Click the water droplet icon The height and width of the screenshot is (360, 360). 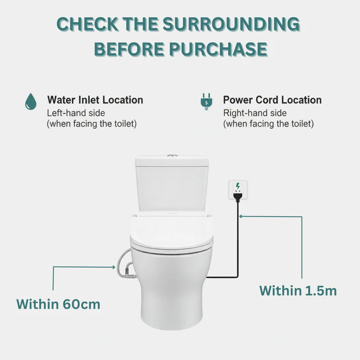30,101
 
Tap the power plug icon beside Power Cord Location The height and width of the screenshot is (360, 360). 206,101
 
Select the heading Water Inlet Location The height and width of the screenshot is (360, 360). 95,100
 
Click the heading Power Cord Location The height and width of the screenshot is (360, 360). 272,100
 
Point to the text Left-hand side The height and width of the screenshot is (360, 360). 76,113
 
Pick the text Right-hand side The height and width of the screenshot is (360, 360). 255,113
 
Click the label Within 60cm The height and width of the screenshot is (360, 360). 58,304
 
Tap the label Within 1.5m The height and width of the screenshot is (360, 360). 298,291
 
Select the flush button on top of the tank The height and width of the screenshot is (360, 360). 172,156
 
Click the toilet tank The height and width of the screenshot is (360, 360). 172,182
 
